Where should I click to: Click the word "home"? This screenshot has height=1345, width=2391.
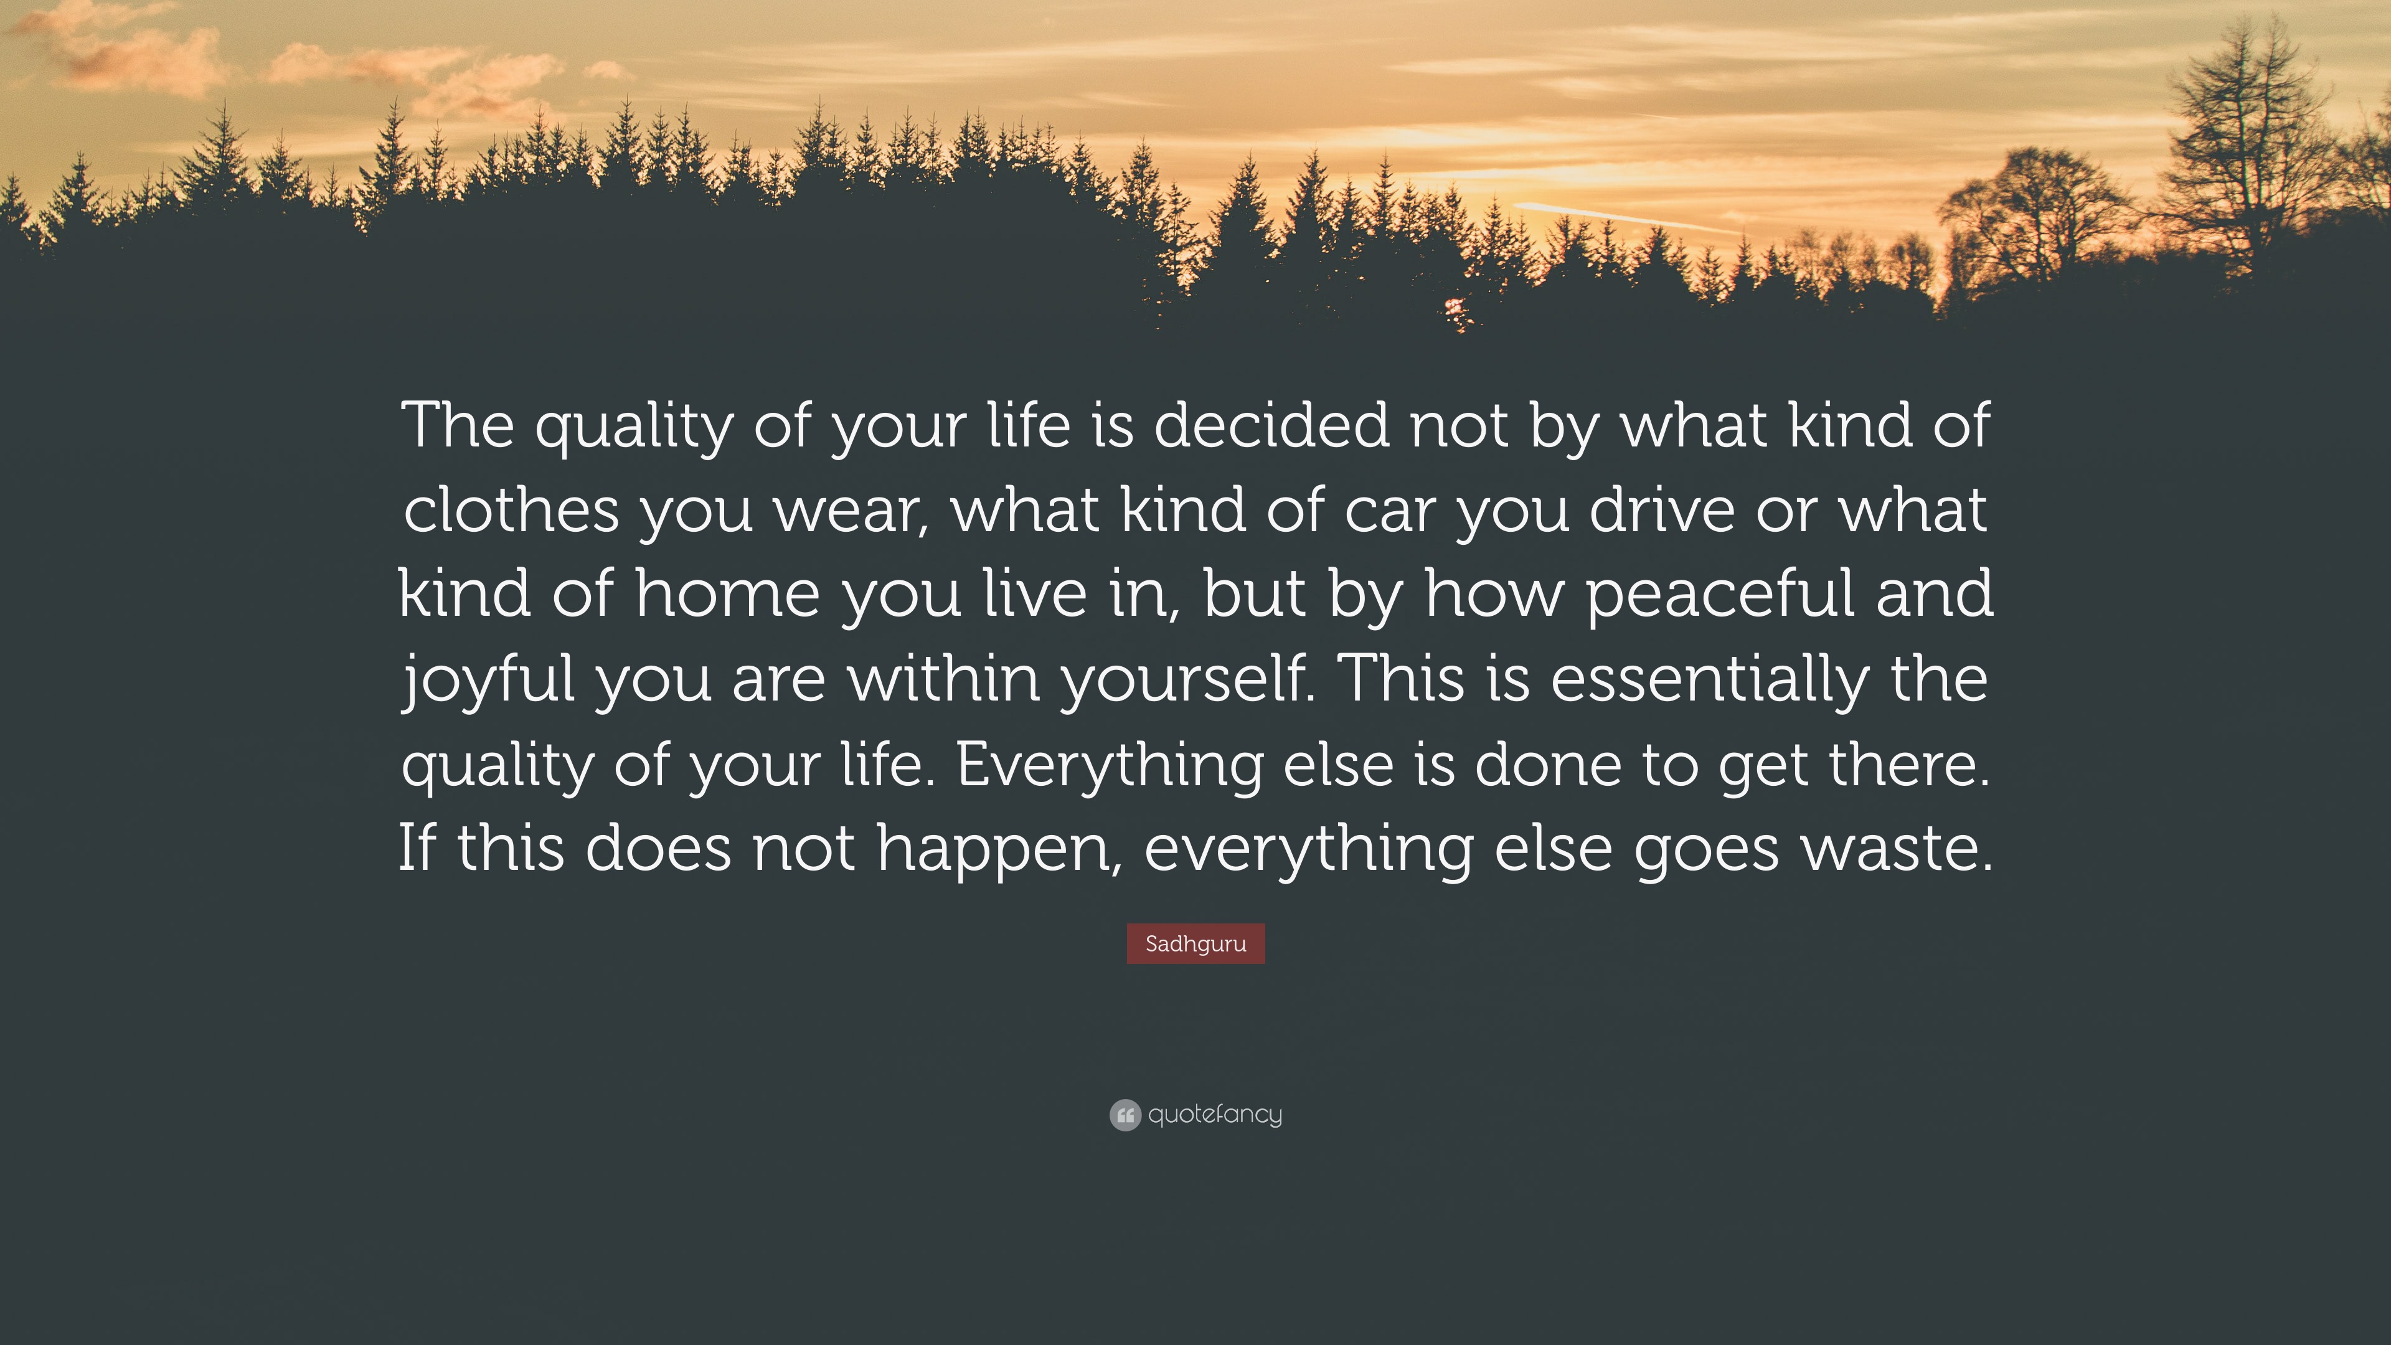click(x=728, y=594)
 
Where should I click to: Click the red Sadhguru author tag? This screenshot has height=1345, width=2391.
click(x=1195, y=944)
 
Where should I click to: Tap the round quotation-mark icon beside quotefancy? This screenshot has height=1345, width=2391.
click(x=1125, y=1115)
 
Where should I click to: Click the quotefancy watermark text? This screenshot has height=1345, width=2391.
click(x=1215, y=1114)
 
